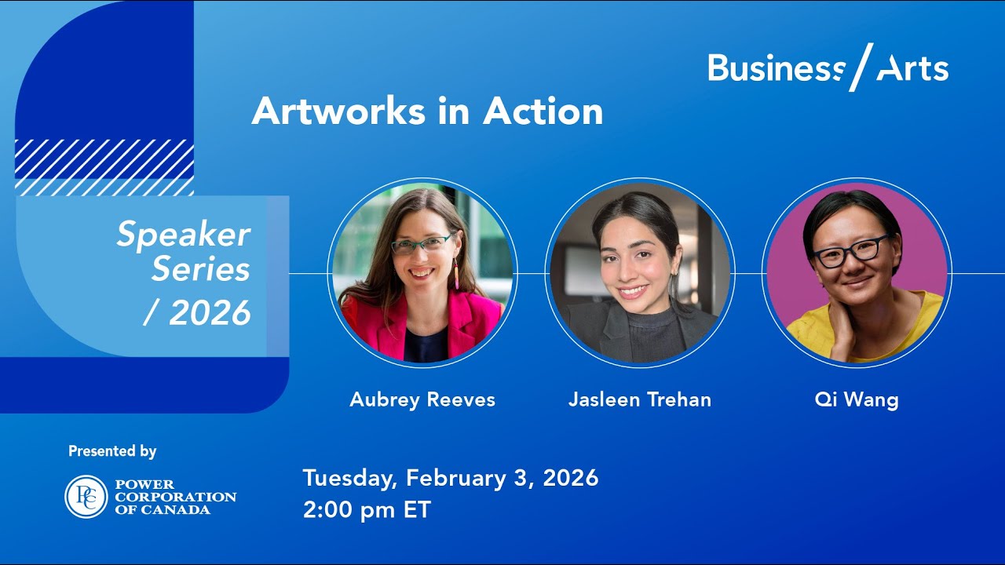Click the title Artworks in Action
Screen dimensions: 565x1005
pos(427,112)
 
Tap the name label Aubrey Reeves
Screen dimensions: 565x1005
pos(422,399)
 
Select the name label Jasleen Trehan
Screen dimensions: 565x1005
pos(640,399)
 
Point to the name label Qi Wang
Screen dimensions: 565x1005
pos(857,399)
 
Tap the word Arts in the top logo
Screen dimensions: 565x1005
pos(912,69)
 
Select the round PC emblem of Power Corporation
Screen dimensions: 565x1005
pos(86,497)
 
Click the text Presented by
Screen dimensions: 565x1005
pos(112,451)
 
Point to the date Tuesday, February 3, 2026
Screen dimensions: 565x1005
pos(451,478)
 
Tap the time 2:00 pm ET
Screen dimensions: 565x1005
pos(367,509)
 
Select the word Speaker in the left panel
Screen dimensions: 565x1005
pos(184,235)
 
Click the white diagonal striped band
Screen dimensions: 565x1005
pos(104,167)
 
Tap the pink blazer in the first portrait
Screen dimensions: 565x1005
pos(477,322)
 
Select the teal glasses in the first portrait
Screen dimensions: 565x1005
pos(422,244)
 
